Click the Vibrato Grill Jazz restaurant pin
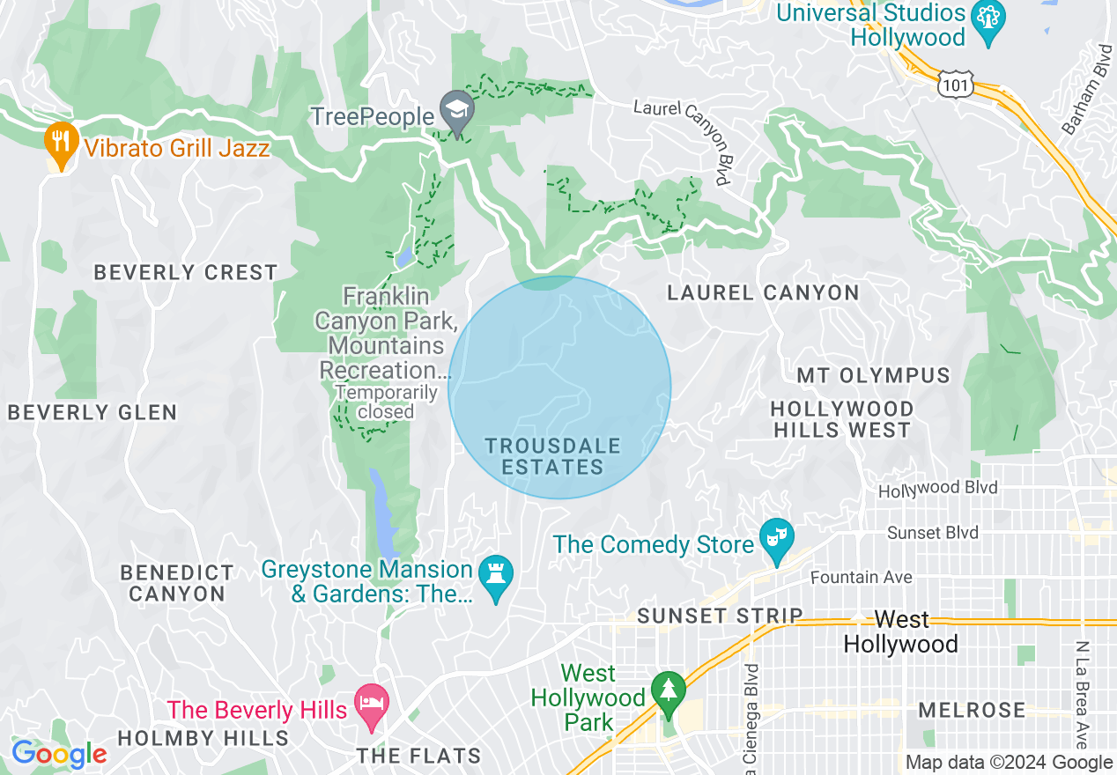[60, 144]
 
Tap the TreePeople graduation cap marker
[457, 111]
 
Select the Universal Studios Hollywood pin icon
[988, 21]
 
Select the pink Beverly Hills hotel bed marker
[371, 705]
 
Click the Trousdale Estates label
[552, 457]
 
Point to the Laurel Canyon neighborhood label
[763, 293]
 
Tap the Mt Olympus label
[873, 376]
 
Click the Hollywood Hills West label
[841, 419]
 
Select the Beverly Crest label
[186, 272]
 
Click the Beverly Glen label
[92, 412]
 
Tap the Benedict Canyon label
[177, 583]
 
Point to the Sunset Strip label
[720, 616]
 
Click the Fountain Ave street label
[862, 577]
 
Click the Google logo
[58, 754]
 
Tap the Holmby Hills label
[203, 737]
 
